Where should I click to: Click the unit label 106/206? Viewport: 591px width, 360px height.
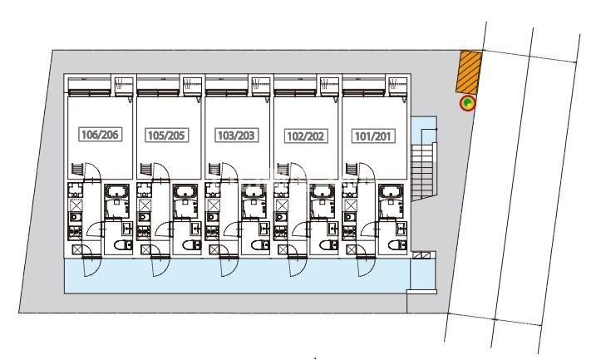point(101,134)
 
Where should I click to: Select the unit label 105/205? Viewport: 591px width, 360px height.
point(166,136)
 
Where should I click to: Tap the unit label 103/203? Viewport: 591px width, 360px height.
point(236,136)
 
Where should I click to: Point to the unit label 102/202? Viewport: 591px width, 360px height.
point(306,136)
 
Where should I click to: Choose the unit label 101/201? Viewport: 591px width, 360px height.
point(373,136)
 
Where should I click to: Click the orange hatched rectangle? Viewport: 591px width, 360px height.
point(469,72)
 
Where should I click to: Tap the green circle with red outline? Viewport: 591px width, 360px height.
point(467,103)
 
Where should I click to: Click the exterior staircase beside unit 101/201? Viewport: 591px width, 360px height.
point(423,171)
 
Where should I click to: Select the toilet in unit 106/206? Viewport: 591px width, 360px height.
point(123,245)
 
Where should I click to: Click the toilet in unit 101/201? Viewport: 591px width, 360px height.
point(397,245)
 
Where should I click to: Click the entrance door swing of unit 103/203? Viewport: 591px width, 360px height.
point(229,266)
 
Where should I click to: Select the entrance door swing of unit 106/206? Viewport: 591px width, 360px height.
point(91,266)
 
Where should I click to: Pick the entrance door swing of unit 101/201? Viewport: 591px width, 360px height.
point(366,266)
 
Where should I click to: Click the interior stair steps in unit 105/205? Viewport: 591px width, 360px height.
point(145,169)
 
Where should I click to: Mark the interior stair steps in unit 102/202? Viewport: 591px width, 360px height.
point(283,169)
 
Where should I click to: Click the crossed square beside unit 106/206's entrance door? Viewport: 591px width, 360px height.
point(77,249)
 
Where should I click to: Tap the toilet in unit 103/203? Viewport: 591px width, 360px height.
point(260,245)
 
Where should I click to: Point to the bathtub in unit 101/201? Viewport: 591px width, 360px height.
point(391,191)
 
